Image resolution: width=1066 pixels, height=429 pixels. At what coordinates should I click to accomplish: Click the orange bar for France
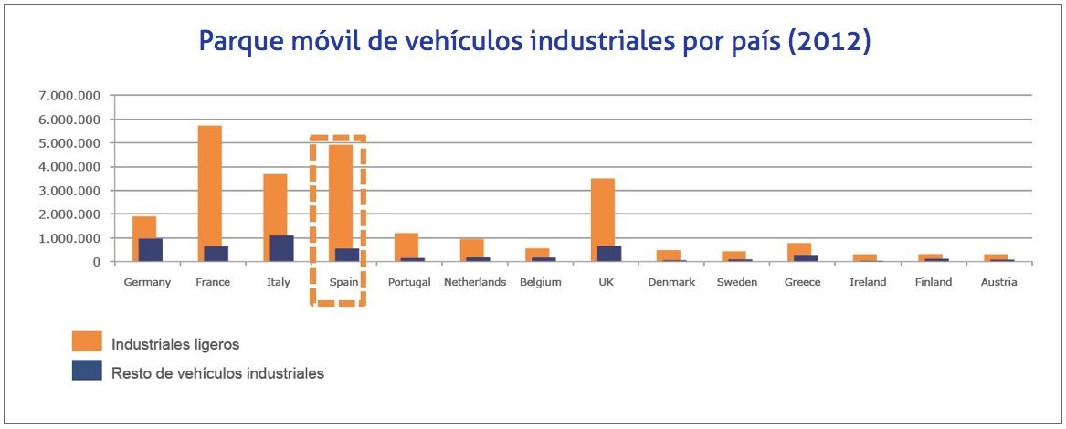click(x=210, y=186)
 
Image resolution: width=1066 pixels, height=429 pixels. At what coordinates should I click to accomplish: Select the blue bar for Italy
click(x=282, y=249)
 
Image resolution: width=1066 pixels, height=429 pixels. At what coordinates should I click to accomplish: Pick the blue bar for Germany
click(x=151, y=250)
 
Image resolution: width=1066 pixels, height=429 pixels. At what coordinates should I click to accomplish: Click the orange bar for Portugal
click(x=406, y=246)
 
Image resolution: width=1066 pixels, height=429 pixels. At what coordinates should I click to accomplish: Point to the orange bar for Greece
click(x=798, y=249)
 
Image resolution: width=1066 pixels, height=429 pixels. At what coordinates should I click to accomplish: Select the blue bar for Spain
click(x=347, y=255)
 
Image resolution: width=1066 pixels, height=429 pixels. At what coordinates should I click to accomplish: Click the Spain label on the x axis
click(x=343, y=282)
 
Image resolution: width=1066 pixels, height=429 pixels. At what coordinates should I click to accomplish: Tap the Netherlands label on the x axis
click(x=475, y=282)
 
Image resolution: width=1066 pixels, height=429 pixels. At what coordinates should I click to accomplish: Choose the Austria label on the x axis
click(x=998, y=282)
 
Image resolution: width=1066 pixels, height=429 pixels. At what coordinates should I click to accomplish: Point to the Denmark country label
click(x=671, y=282)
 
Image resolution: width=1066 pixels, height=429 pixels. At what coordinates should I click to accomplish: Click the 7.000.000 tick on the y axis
click(x=69, y=96)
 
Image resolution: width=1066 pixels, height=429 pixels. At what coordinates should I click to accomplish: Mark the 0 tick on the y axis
click(x=96, y=262)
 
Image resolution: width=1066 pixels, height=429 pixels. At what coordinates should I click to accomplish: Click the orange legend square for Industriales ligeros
click(x=87, y=342)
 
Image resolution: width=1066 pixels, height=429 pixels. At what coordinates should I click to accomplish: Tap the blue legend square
click(x=87, y=371)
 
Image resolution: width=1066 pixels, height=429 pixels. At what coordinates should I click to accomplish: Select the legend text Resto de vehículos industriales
click(x=217, y=372)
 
